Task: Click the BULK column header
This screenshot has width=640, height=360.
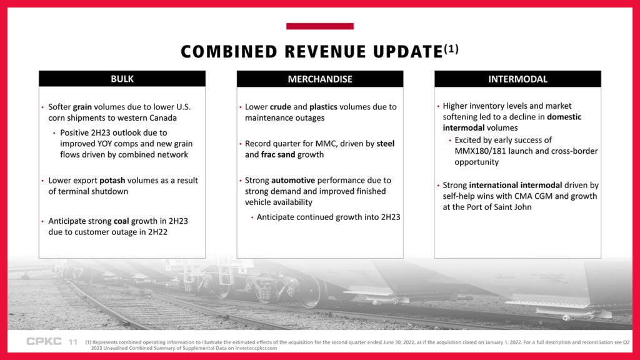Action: click(x=122, y=79)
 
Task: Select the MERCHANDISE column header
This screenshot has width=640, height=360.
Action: click(x=320, y=79)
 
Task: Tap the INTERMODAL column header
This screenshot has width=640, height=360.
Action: click(x=517, y=79)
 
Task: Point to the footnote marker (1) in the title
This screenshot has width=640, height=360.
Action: click(x=451, y=49)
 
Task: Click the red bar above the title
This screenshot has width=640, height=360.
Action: click(x=320, y=26)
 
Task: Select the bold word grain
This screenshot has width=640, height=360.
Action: click(x=82, y=107)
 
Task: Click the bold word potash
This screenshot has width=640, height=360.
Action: click(x=112, y=181)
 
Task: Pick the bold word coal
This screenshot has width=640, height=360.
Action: click(x=121, y=221)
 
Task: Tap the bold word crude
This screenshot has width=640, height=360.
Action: click(x=281, y=107)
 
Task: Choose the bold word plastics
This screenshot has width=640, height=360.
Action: click(x=323, y=107)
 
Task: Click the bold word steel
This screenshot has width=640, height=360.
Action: click(x=385, y=144)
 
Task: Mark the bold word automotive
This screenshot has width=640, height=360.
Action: click(x=293, y=181)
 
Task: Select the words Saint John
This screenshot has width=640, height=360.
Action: click(x=512, y=207)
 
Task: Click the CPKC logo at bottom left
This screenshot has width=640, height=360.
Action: click(x=44, y=341)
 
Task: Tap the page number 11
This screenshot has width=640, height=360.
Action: click(x=73, y=342)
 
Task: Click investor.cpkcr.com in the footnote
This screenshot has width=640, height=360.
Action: click(x=256, y=348)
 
